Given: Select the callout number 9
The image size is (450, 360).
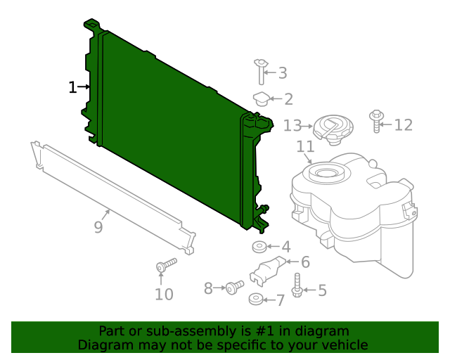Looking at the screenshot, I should (x=98, y=227).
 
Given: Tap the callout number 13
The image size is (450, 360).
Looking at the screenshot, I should (x=292, y=126).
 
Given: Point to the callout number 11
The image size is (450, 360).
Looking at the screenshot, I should (x=304, y=147).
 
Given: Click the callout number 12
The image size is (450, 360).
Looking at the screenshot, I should (x=403, y=125).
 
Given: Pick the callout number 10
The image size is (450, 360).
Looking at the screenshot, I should (x=163, y=294).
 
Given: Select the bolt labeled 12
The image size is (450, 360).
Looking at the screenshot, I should (x=377, y=120).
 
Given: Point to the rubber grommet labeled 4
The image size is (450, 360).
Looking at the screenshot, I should (x=258, y=247).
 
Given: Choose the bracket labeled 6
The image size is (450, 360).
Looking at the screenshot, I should (x=267, y=271).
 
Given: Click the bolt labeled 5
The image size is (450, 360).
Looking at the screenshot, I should (x=297, y=285).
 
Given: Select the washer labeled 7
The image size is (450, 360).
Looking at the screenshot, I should (x=255, y=301).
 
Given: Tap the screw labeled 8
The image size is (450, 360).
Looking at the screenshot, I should (x=233, y=287).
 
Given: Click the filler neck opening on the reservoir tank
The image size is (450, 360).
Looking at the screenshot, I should (x=326, y=172).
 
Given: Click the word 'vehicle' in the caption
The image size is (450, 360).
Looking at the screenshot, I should (x=343, y=345).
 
